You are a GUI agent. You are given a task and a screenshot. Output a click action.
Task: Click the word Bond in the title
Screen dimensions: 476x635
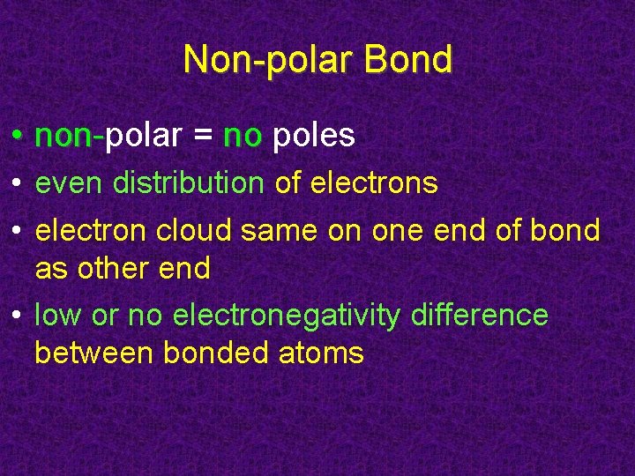coord(407,60)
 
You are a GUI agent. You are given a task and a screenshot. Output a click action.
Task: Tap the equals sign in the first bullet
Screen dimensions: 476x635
coord(203,136)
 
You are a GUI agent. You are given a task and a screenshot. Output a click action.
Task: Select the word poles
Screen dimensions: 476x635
coord(314,136)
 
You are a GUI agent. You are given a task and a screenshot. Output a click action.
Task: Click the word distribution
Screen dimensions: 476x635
coord(188,183)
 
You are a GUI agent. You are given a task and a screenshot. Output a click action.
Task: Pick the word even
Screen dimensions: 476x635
coord(70,183)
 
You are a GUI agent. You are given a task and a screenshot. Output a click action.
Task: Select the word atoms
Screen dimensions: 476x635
coord(321,353)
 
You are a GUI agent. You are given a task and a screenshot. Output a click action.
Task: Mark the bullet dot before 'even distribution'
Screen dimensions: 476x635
coord(18,184)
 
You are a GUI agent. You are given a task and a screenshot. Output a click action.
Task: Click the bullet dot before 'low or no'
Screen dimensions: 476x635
coord(18,316)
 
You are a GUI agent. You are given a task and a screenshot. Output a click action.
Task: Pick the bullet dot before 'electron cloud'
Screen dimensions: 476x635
coord(18,232)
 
